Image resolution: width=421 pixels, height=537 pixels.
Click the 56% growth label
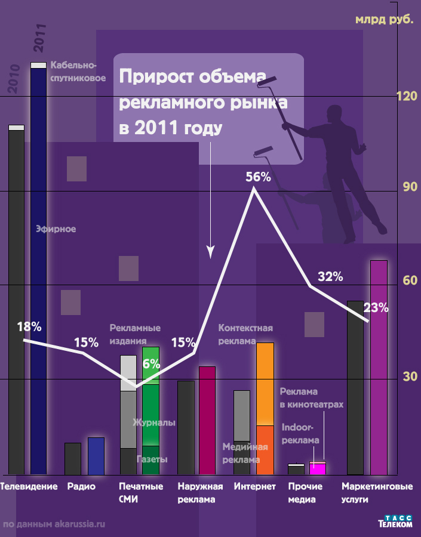258,177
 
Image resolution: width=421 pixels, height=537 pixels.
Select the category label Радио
81,486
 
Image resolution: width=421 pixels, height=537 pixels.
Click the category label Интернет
255,486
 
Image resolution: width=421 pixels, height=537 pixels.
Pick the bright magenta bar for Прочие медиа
317,468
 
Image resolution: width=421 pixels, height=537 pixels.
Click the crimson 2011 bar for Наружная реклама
207,420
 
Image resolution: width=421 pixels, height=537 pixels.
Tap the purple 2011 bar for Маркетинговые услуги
379,367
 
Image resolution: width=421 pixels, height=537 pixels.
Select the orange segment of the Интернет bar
265,384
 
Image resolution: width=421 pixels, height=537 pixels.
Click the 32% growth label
330,277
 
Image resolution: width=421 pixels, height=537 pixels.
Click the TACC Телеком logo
395,521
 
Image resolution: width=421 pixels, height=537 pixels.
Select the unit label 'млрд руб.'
384,20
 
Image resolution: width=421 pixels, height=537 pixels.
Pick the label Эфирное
56,229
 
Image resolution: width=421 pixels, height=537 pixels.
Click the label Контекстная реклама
245,334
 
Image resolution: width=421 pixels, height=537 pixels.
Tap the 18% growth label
29,327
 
